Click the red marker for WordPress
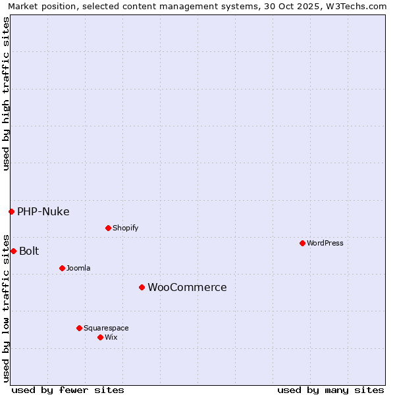302,243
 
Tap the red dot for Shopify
108,228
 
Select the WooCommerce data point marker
142,287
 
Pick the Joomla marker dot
62,268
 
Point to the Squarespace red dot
79,328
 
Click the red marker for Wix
100,337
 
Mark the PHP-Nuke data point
11,211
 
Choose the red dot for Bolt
13,251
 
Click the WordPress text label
325,243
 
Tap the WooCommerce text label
187,287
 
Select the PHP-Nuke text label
43,211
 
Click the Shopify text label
126,228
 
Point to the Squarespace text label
106,328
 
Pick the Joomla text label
78,268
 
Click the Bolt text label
29,251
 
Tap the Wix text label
111,337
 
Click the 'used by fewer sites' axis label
68,390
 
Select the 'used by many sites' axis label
330,390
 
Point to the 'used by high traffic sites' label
7,93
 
